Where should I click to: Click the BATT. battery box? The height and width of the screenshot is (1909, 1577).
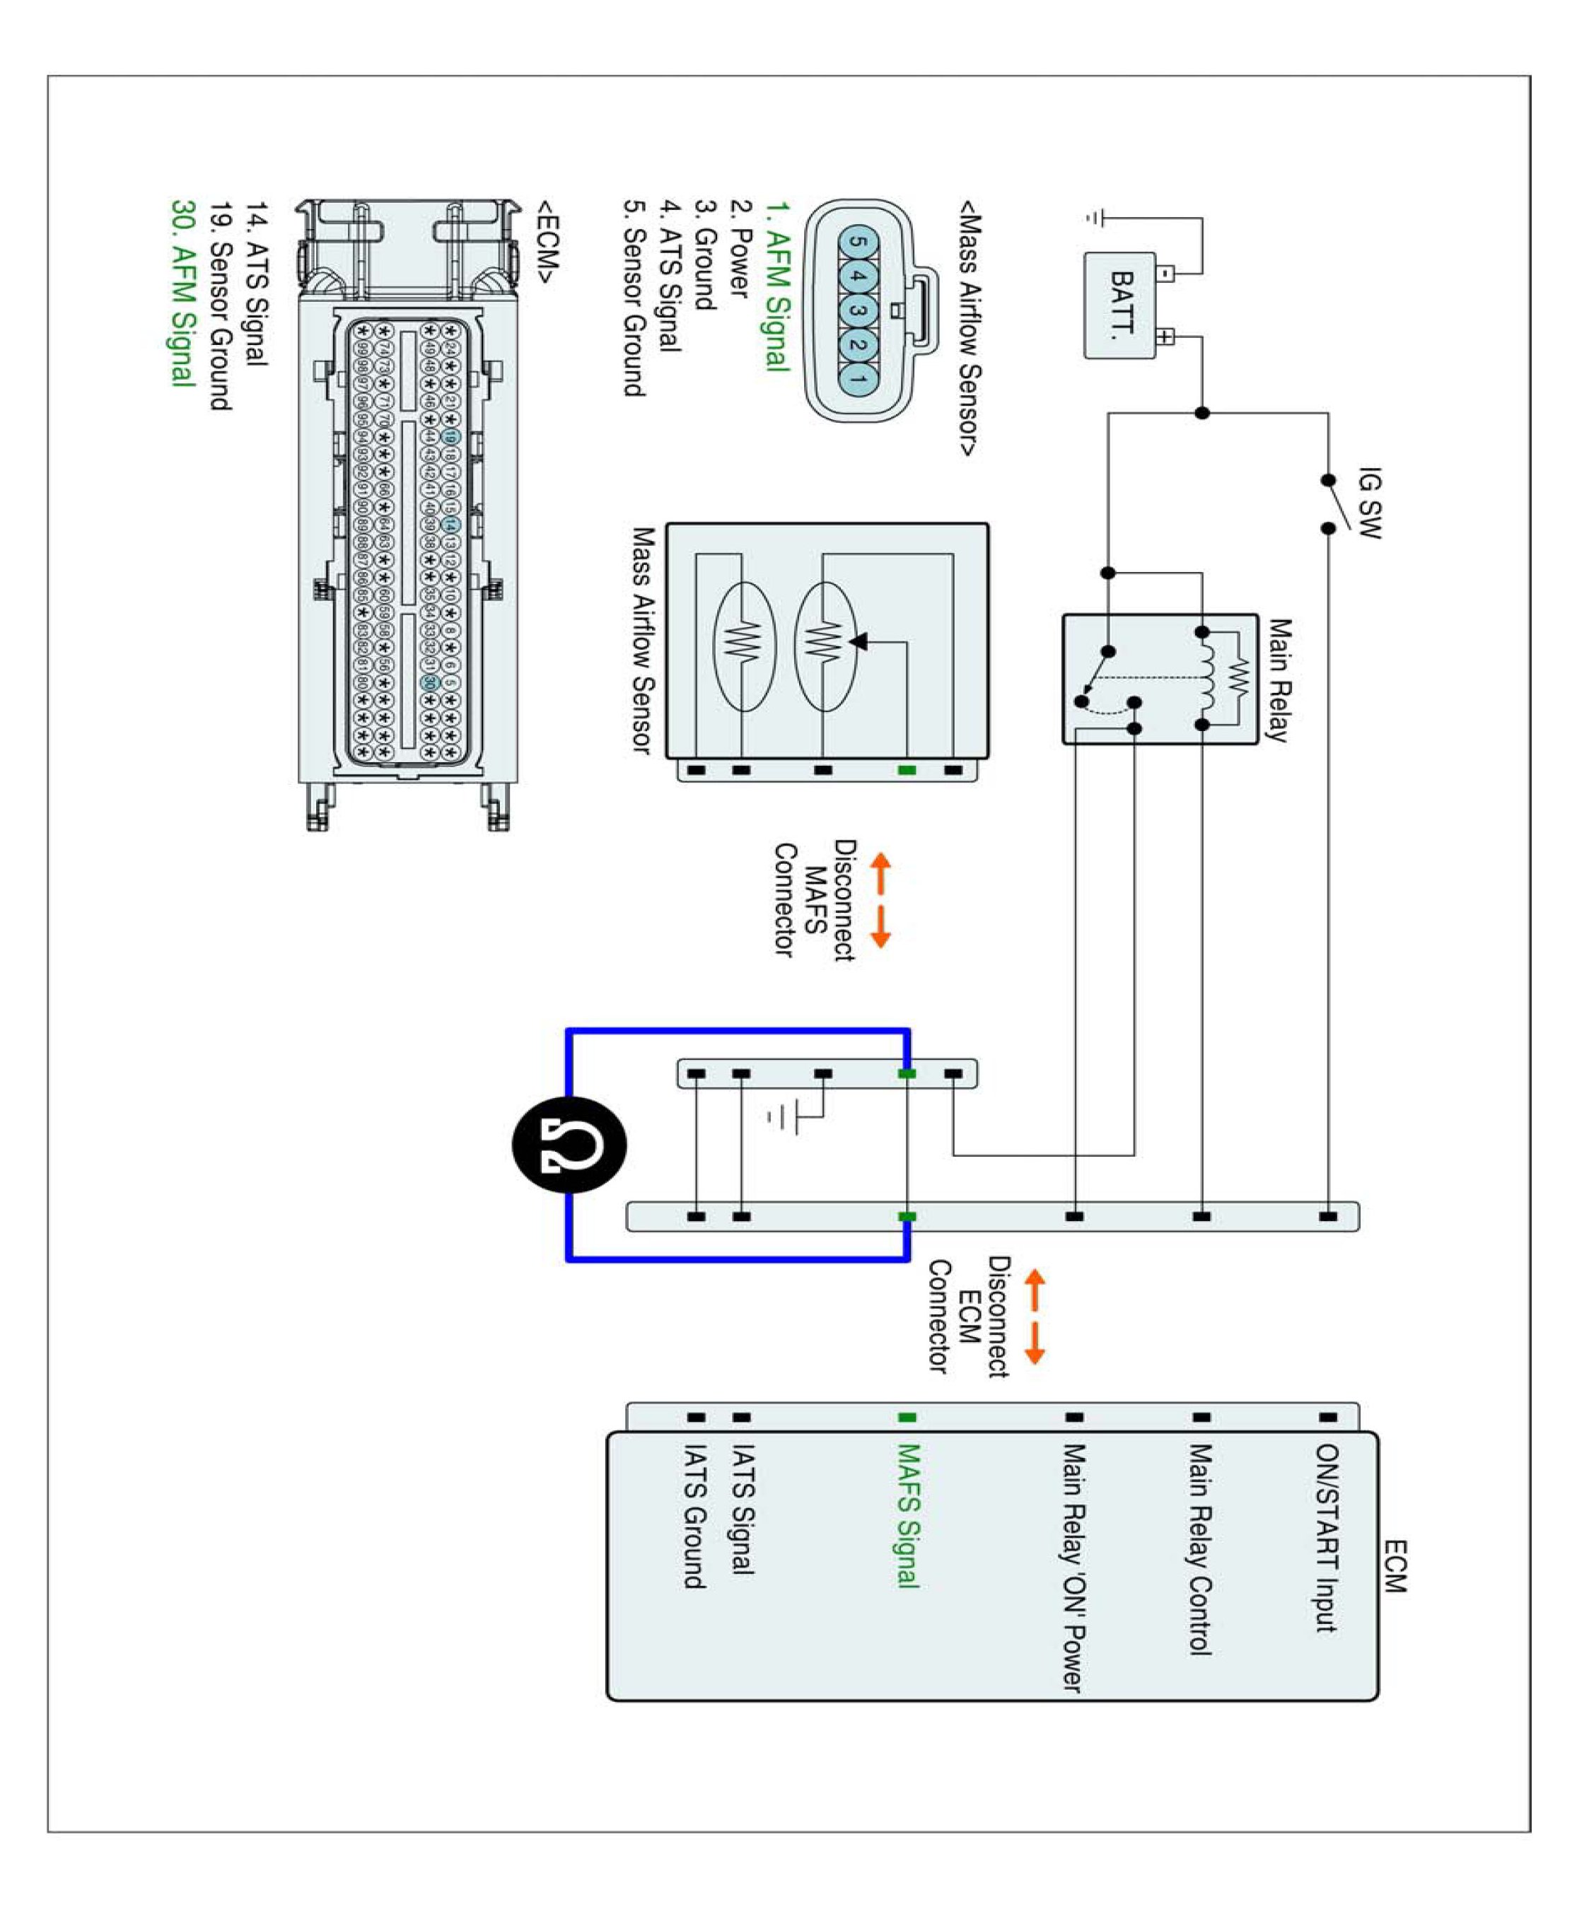pyautogui.click(x=1119, y=305)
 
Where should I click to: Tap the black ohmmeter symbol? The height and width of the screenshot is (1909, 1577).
pyautogui.click(x=569, y=1144)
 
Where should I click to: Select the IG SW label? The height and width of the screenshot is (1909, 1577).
pyautogui.click(x=1368, y=503)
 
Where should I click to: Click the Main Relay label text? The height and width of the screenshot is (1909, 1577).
pyautogui.click(x=1279, y=680)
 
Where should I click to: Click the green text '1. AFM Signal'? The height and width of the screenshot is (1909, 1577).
pyautogui.click(x=776, y=286)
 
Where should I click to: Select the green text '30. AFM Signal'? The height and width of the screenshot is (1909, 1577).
pyautogui.click(x=182, y=293)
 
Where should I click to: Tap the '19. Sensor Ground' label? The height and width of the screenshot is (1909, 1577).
pyautogui.click(x=221, y=306)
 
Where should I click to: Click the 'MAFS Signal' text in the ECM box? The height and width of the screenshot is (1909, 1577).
pyautogui.click(x=907, y=1516)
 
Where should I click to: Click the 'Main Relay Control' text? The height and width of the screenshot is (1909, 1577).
pyautogui.click(x=1200, y=1549)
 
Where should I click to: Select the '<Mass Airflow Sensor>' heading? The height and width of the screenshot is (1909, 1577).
pyautogui.click(x=970, y=328)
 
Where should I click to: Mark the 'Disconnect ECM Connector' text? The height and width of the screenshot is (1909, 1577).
pyautogui.click(x=968, y=1317)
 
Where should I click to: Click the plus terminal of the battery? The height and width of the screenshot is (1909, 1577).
pyautogui.click(x=1165, y=337)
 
